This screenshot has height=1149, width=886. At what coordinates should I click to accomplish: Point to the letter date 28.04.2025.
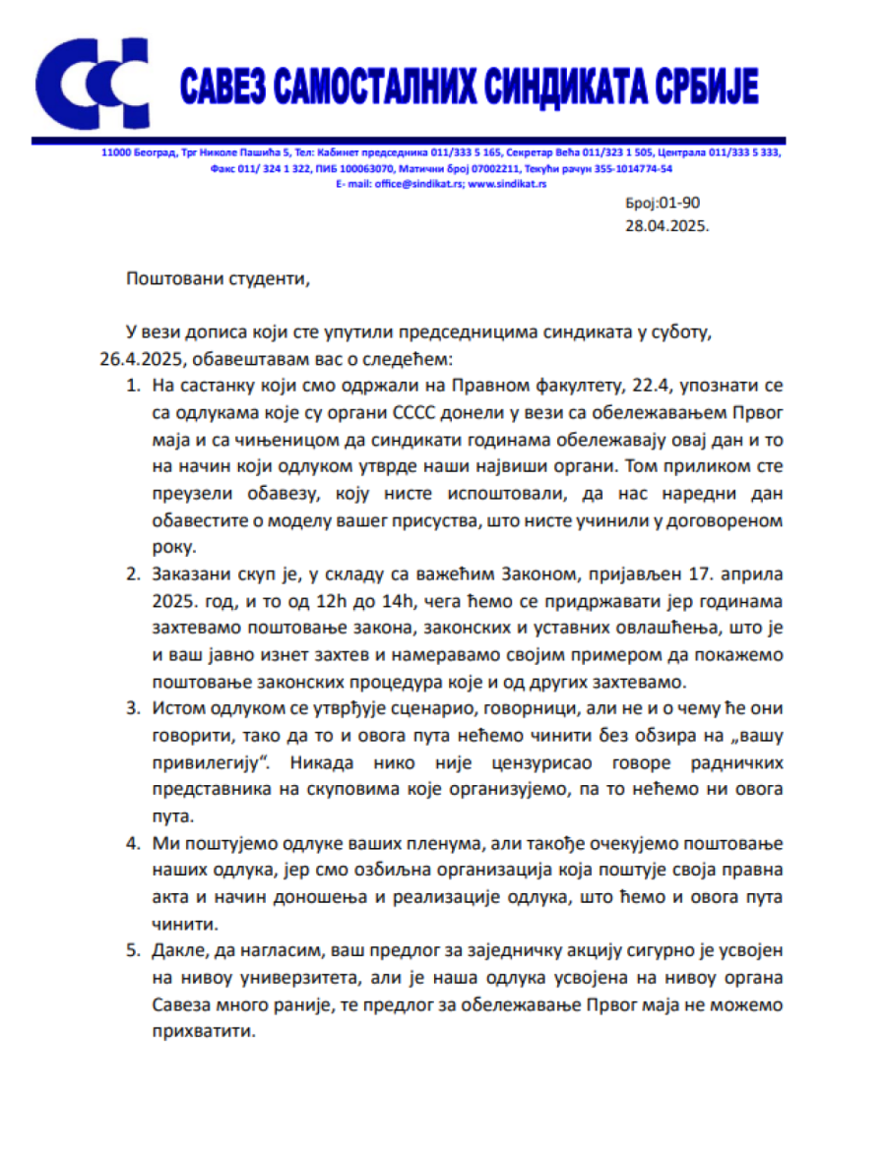pyautogui.click(x=666, y=224)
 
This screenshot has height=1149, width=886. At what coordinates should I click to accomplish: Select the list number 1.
pyautogui.click(x=133, y=384)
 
